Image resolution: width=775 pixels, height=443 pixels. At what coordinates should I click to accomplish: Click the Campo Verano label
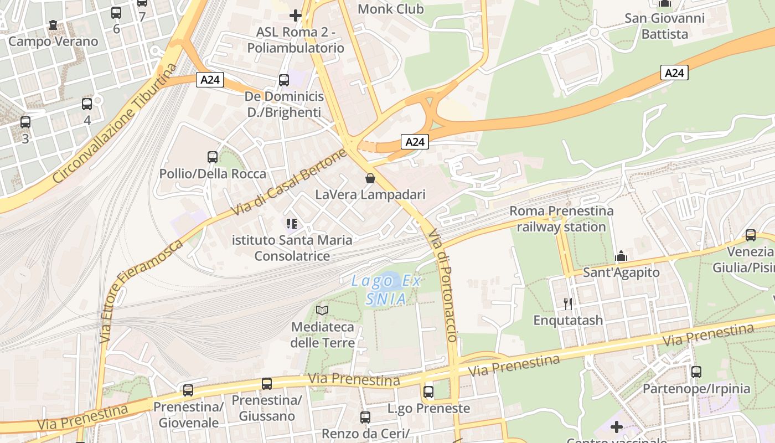(53, 41)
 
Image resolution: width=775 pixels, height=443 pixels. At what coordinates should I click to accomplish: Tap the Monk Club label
(391, 9)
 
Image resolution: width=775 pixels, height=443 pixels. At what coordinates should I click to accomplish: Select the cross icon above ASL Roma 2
(296, 16)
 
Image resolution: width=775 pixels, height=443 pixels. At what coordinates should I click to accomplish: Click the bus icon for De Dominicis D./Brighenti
(284, 80)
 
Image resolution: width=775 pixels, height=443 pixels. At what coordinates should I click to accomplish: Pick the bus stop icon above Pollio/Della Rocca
(213, 157)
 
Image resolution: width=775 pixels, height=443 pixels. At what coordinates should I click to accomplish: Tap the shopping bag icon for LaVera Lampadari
(370, 178)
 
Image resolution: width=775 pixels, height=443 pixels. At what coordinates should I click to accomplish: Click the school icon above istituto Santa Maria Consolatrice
(292, 224)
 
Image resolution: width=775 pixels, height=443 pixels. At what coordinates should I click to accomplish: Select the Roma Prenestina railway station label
(561, 219)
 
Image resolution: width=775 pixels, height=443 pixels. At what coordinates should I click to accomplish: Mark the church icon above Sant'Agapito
(621, 256)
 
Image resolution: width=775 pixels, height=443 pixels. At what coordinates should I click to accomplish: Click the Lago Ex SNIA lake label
(386, 290)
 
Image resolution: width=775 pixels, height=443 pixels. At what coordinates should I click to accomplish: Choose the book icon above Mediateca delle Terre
(322, 310)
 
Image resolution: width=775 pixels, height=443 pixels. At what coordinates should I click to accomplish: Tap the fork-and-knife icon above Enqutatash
(567, 303)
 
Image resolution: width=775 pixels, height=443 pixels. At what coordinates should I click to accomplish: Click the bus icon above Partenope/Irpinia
(696, 372)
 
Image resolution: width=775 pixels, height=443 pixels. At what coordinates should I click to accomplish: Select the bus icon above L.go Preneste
(428, 392)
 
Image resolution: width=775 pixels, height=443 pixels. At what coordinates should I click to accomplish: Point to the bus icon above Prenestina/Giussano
(267, 383)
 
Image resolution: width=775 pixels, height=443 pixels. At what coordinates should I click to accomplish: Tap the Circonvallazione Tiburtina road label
(116, 123)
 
